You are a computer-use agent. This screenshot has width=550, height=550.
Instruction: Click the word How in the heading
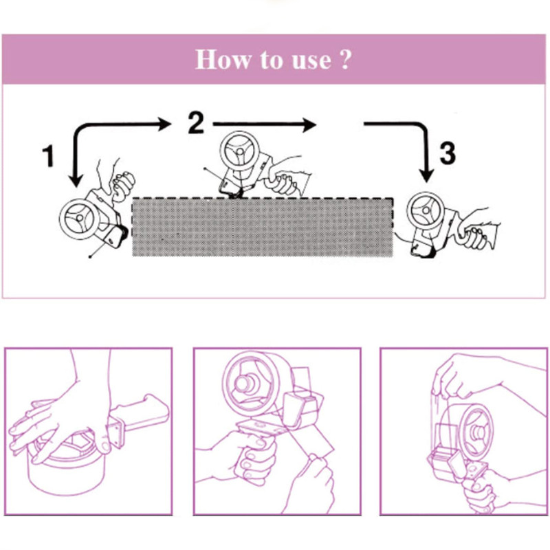[223, 59]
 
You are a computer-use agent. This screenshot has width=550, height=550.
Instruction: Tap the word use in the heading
[311, 60]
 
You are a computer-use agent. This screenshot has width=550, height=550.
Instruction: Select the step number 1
[48, 156]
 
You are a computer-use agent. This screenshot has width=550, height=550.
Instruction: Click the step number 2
[196, 122]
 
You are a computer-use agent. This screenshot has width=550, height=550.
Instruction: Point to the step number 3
[448, 153]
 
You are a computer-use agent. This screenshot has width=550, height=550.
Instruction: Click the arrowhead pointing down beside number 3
[426, 175]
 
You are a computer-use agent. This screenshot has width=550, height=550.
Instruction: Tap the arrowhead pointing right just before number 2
[164, 124]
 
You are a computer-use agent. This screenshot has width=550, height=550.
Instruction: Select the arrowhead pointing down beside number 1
[76, 179]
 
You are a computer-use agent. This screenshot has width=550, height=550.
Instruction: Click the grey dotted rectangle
[263, 227]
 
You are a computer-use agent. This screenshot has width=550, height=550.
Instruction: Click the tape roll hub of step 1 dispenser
[79, 218]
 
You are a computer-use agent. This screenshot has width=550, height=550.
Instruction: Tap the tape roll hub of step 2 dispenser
[240, 151]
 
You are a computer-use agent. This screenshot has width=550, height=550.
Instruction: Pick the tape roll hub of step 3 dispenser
[426, 210]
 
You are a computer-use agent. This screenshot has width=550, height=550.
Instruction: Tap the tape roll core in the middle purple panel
[245, 384]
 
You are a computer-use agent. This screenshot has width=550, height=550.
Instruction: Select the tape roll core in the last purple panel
[477, 432]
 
